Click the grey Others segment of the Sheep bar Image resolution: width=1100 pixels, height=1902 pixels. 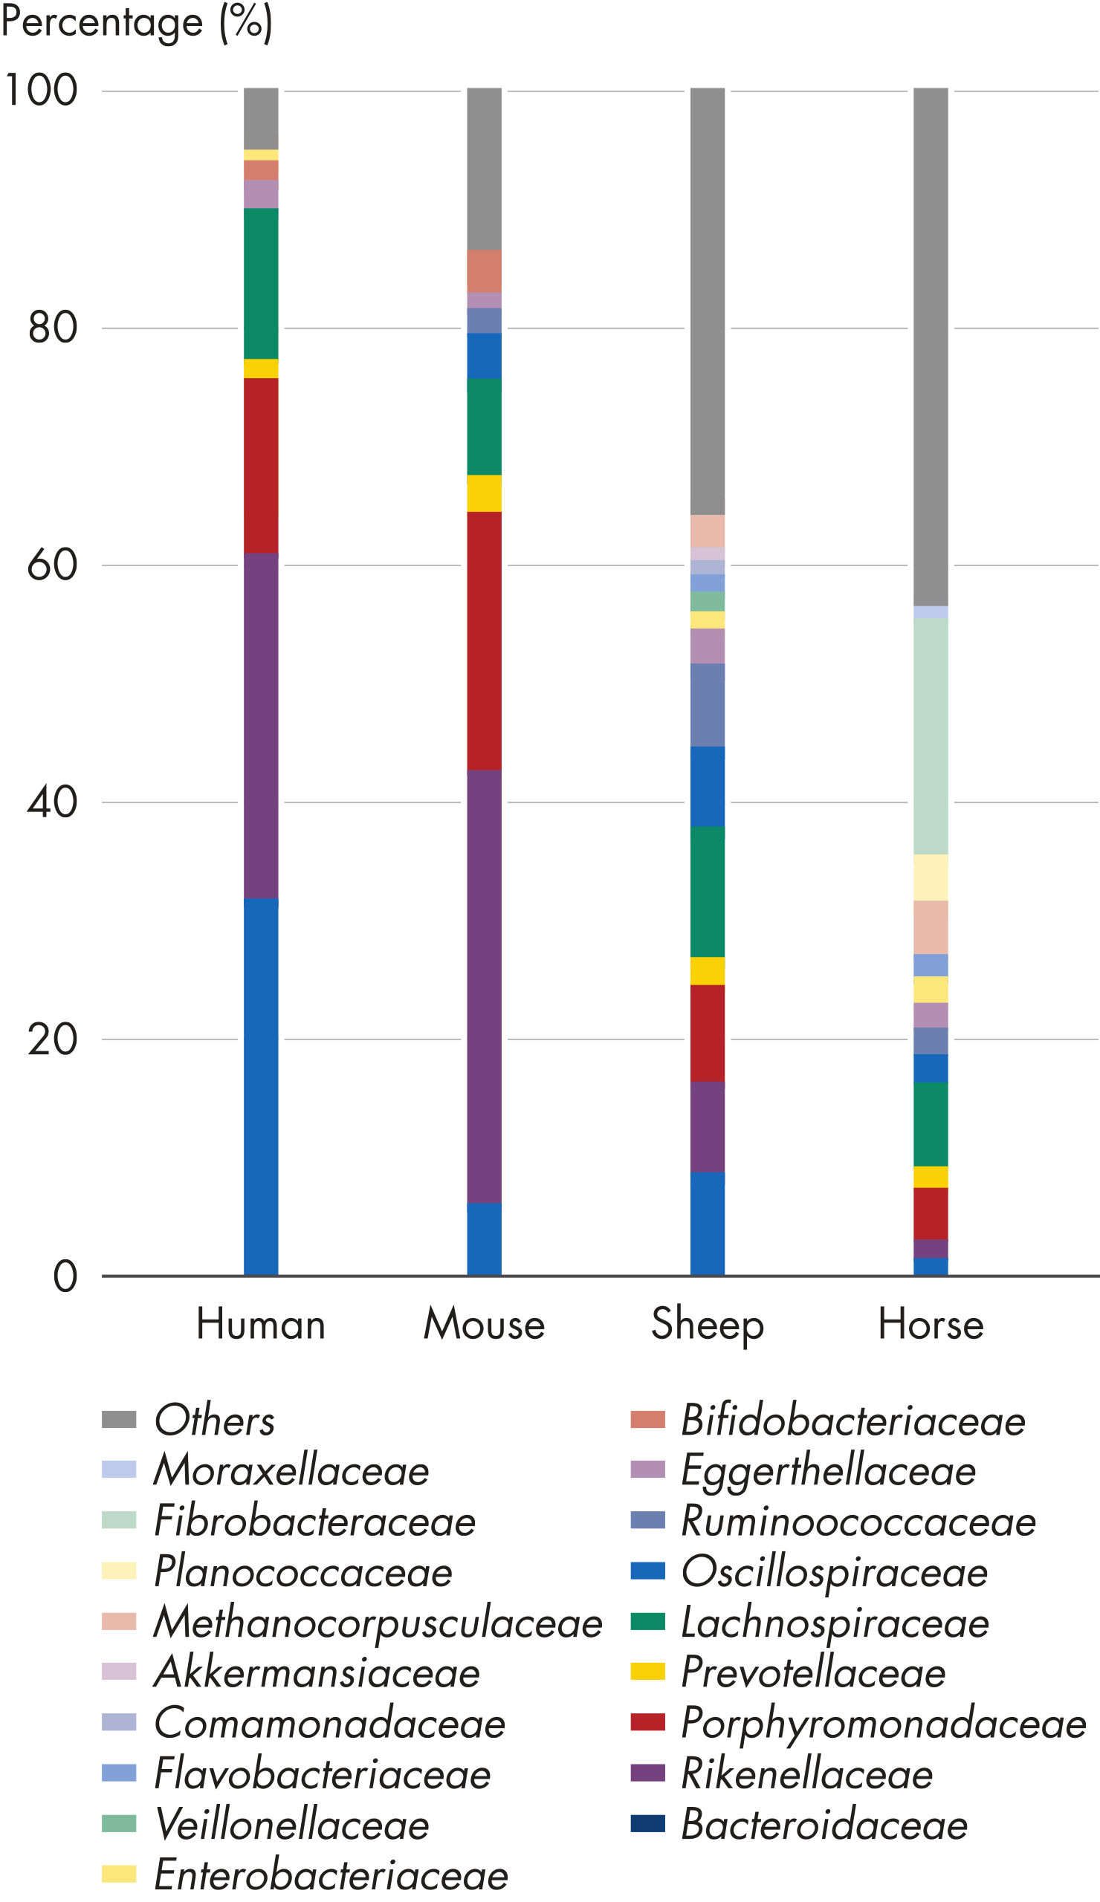[707, 302]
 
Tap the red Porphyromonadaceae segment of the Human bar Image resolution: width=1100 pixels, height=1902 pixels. [261, 466]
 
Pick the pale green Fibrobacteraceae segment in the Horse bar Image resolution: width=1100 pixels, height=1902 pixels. [930, 736]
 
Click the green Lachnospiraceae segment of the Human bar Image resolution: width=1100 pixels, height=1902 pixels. [261, 283]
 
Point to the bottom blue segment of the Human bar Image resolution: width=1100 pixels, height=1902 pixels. [261, 1087]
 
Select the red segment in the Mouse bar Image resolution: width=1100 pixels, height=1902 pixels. [484, 640]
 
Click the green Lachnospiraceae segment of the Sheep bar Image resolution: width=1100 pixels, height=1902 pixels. [707, 892]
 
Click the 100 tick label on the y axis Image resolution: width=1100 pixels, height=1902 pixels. [42, 91]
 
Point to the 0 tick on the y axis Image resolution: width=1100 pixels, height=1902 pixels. [65, 1276]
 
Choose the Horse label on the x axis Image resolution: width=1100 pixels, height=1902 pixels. [930, 1324]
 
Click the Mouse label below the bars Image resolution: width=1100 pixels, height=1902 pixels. [484, 1324]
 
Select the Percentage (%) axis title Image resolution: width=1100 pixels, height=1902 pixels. [137, 22]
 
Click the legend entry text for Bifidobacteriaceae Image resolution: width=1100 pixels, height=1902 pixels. [853, 1421]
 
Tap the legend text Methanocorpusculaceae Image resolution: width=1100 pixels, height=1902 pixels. [378, 1623]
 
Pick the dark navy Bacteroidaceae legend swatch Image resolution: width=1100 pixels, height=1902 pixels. [648, 1824]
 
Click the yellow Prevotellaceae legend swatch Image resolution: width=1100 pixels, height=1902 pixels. [648, 1672]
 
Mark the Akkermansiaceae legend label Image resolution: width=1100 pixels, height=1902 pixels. [317, 1672]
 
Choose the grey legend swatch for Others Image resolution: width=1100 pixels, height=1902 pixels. [119, 1420]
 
